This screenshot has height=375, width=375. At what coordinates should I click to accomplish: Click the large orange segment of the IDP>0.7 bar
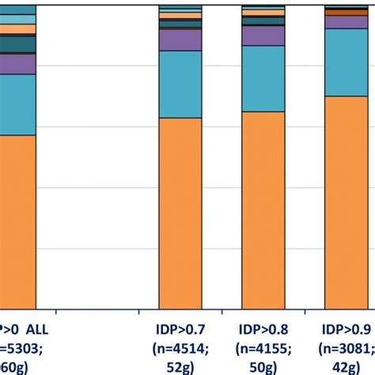point(180,213)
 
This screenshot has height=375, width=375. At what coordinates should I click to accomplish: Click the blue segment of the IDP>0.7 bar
point(180,85)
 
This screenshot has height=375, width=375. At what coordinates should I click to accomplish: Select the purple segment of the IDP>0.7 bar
point(180,40)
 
